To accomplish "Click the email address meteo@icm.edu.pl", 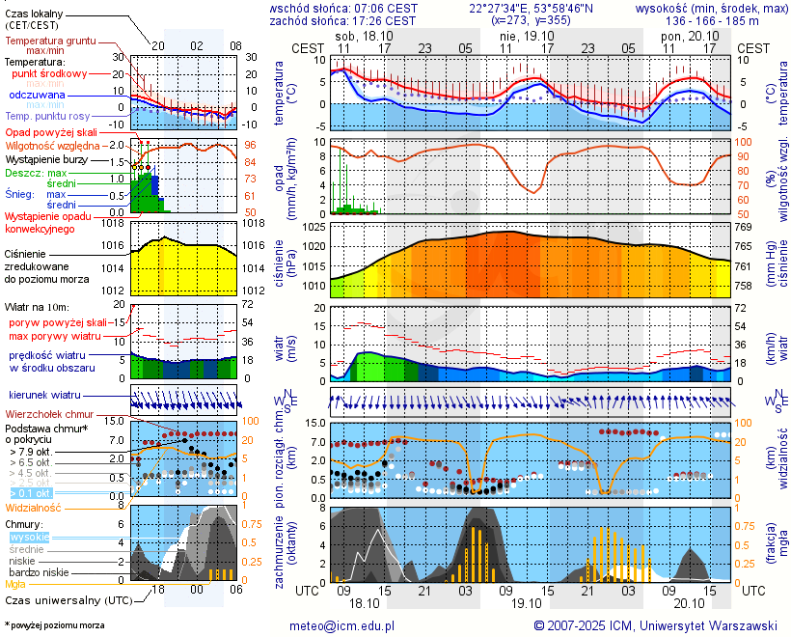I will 342,625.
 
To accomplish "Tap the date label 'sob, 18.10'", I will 358,35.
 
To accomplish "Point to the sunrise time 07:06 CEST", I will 387,8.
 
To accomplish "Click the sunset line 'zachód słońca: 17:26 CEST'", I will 343,20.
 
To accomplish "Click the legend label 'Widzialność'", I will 34,507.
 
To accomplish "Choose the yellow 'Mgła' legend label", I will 15,584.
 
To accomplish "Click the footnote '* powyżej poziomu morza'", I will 54,625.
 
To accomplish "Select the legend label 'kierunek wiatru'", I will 44,396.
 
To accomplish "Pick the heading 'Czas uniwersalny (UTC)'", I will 65,600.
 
